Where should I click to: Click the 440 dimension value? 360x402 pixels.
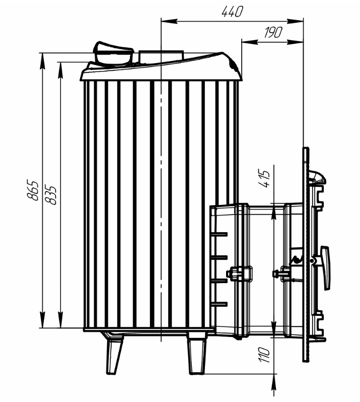tap(232, 12)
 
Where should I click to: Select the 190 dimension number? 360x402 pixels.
tap(273, 32)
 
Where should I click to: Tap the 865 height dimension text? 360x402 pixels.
tap(33, 190)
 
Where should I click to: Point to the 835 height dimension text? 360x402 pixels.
tap(50, 194)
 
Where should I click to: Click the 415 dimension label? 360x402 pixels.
tap(264, 178)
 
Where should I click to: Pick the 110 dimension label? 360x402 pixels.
tap(264, 355)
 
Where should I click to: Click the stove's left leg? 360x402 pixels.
tap(113, 354)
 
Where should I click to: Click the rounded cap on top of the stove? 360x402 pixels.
tap(113, 54)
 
